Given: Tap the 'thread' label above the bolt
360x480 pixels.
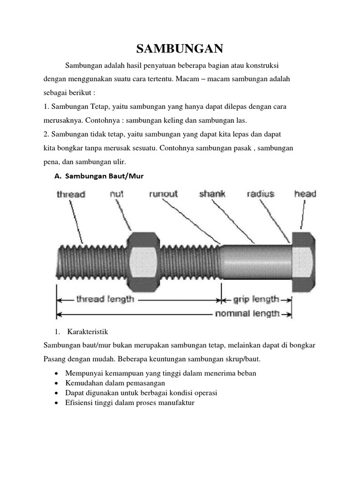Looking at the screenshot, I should [x=71, y=194].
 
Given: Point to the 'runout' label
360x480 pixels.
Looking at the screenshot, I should [x=164, y=194].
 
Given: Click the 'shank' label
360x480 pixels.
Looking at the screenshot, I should [x=212, y=194].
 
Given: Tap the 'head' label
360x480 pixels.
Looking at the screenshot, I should [x=305, y=194].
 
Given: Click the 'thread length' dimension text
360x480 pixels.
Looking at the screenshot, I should [x=105, y=299].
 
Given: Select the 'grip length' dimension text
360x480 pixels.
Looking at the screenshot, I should [x=256, y=299].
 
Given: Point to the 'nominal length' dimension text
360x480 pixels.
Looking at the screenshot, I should [x=247, y=314].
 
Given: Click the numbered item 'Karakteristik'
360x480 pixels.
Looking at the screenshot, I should [x=88, y=332].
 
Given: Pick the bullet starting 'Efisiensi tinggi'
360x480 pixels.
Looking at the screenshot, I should [x=130, y=402].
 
